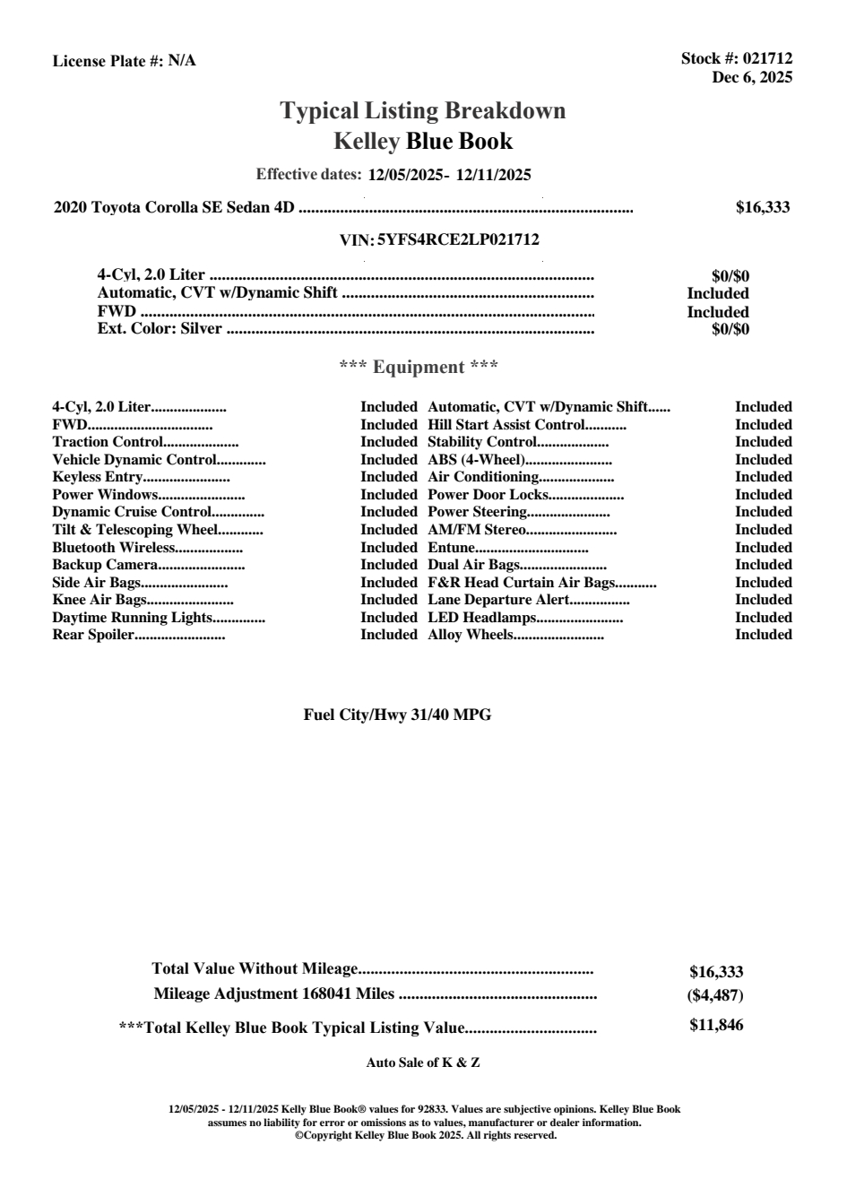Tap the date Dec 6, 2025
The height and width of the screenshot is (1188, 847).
(752, 77)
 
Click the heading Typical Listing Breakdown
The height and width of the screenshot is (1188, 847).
(423, 111)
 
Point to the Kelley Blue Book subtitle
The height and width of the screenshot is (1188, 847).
(423, 141)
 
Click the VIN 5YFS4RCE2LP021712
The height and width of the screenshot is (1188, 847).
(458, 240)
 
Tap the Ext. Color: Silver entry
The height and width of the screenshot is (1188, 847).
(160, 328)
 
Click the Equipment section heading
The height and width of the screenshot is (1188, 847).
(419, 367)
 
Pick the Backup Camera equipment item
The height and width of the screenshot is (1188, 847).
(105, 565)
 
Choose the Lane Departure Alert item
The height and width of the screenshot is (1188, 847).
(498, 600)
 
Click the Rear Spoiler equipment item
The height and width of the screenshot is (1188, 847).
(93, 635)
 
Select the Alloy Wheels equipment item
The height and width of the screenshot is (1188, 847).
(471, 635)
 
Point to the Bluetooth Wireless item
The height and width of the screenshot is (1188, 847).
(113, 548)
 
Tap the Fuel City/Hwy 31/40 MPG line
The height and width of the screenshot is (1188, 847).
(397, 715)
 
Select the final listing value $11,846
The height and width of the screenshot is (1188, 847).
(716, 1026)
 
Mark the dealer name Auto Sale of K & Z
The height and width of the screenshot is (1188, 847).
(423, 1063)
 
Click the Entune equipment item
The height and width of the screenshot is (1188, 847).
(451, 548)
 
